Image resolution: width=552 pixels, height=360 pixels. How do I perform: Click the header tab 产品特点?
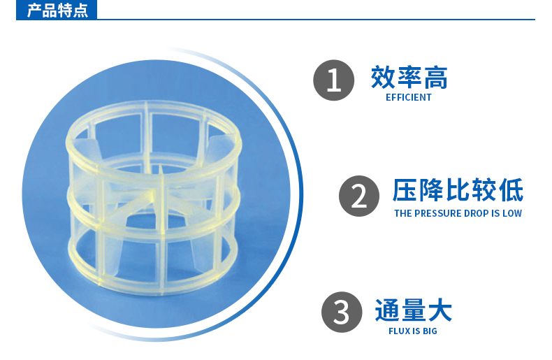(57, 10)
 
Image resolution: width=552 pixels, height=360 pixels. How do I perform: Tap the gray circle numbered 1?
(334, 80)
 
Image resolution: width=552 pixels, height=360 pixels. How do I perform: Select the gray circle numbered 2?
(359, 196)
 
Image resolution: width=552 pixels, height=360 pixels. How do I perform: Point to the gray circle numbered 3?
(342, 312)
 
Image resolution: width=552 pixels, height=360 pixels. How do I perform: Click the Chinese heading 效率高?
(409, 77)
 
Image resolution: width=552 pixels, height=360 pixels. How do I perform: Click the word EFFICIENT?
(408, 98)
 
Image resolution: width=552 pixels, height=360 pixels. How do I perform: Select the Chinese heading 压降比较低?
(458, 190)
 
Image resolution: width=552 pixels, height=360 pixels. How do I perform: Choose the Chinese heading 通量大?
(413, 310)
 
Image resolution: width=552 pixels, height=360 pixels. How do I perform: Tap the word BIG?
(430, 331)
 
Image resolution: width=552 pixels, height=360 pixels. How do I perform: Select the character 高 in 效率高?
(436, 77)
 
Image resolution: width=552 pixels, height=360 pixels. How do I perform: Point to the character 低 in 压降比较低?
(511, 190)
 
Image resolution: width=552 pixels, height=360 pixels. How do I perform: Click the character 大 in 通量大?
(440, 310)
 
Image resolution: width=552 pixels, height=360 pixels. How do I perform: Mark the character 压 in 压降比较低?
(405, 190)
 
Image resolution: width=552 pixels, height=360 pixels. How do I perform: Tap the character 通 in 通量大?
(387, 310)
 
